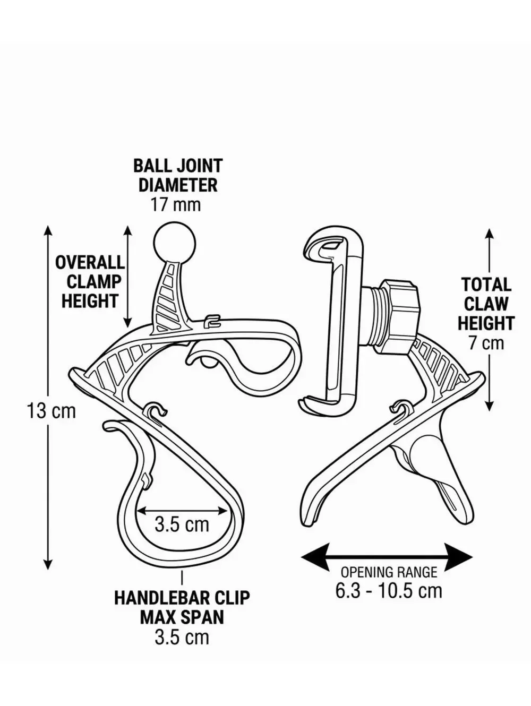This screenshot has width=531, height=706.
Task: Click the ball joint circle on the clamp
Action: click(x=174, y=242)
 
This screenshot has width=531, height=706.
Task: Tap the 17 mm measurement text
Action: click(x=176, y=205)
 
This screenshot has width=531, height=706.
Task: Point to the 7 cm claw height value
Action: click(x=486, y=343)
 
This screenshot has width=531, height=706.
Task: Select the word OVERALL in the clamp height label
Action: click(x=90, y=263)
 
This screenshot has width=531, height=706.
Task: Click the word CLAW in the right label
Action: click(x=486, y=304)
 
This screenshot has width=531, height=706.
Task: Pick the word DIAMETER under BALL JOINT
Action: click(x=178, y=185)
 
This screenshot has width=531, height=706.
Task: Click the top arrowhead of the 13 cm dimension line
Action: click(x=48, y=230)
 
